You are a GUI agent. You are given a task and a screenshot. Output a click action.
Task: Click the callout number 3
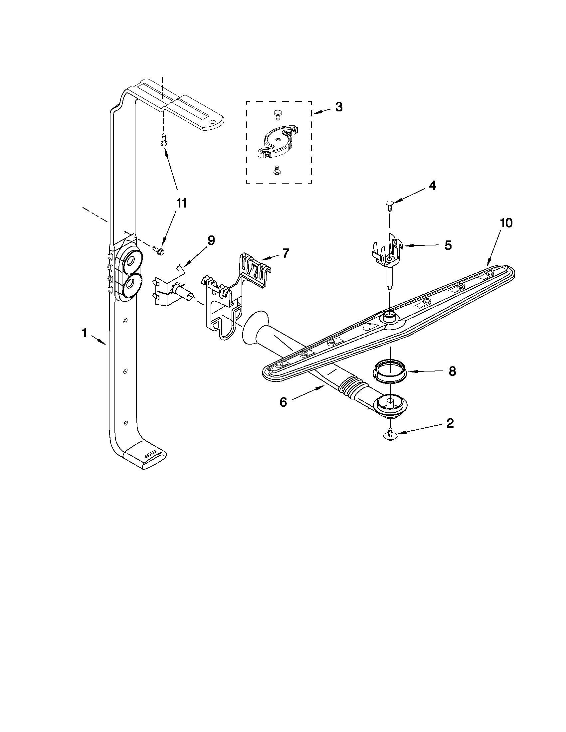[x=339, y=107]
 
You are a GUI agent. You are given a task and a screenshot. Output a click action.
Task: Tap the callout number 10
[x=506, y=223]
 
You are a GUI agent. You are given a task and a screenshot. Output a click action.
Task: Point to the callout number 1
[x=85, y=333]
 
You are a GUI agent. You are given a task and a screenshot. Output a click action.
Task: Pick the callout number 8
[x=452, y=371]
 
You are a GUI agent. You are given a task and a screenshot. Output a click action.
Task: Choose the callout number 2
[x=450, y=423]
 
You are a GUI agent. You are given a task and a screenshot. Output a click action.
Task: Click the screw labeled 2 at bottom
[x=390, y=434]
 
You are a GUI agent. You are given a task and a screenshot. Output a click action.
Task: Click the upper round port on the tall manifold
[x=131, y=260]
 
